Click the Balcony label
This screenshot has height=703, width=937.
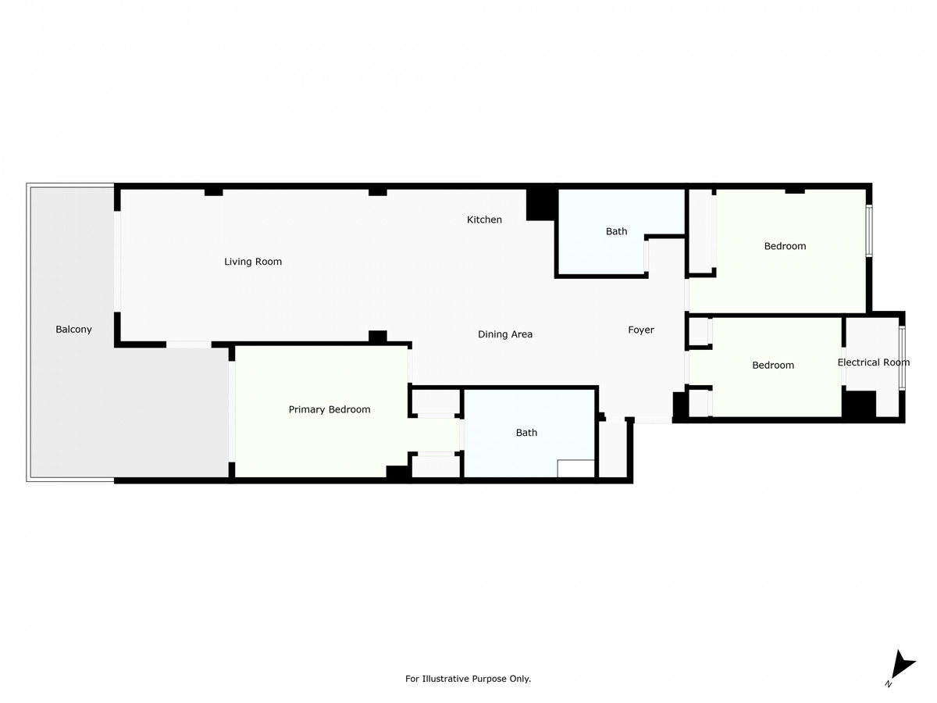73,330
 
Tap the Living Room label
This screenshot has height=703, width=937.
253,262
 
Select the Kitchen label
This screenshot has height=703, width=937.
484,219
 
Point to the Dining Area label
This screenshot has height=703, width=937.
505,334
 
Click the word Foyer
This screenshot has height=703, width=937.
641,330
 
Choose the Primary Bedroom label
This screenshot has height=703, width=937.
330,409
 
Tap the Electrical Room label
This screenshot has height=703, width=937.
873,362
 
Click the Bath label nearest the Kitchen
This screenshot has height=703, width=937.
617,231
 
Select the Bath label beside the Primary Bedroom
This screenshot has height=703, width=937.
526,433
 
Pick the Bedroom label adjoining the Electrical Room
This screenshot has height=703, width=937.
773,365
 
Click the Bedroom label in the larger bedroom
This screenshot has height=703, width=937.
785,246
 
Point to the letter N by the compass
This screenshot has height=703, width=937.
889,683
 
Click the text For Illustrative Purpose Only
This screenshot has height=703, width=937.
468,679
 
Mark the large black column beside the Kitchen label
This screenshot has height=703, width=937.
540,204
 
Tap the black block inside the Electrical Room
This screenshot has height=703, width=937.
860,404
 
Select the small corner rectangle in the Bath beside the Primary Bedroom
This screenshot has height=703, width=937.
576,468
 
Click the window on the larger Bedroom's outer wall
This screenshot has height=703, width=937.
869,230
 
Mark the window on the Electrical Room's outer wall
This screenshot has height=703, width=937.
902,358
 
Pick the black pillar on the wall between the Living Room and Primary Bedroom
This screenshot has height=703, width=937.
378,337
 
